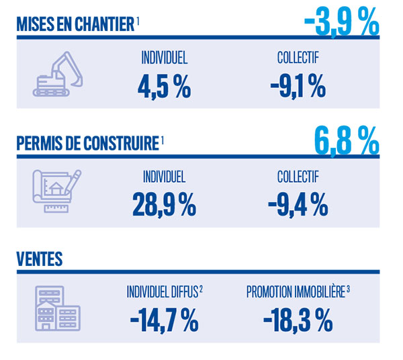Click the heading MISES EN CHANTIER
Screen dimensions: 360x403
pyautogui.click(x=75, y=25)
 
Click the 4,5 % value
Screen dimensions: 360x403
pyautogui.click(x=164, y=85)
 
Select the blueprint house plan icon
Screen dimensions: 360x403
pyautogui.click(x=58, y=190)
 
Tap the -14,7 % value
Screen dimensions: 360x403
pyautogui.click(x=164, y=320)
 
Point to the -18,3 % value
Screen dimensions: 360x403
pyautogui.click(x=298, y=320)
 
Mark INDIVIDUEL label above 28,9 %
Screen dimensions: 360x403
pyautogui.click(x=164, y=177)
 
